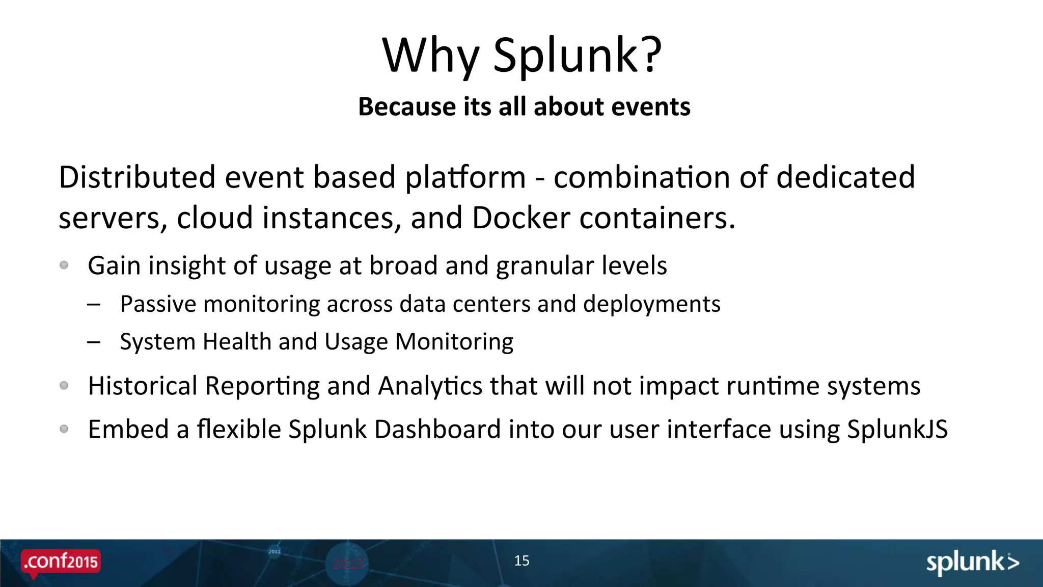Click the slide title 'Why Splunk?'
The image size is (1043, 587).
(x=521, y=55)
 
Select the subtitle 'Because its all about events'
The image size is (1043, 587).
(x=524, y=107)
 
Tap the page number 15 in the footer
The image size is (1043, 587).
(x=521, y=561)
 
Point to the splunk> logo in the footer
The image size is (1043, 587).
(x=972, y=563)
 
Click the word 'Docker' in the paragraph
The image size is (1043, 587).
(x=520, y=218)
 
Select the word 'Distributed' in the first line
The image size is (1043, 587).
(x=137, y=177)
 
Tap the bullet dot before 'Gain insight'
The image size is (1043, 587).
(x=64, y=265)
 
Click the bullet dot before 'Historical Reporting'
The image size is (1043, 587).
(x=64, y=385)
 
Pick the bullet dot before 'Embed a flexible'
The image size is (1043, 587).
(x=64, y=429)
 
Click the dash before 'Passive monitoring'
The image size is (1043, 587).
(x=94, y=305)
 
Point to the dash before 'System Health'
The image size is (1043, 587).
(x=94, y=342)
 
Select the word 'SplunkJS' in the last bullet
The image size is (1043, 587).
(x=897, y=430)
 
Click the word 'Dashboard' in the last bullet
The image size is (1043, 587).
(x=437, y=430)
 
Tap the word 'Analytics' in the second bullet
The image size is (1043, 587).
(x=430, y=386)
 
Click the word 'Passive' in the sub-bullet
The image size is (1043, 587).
(x=158, y=304)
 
